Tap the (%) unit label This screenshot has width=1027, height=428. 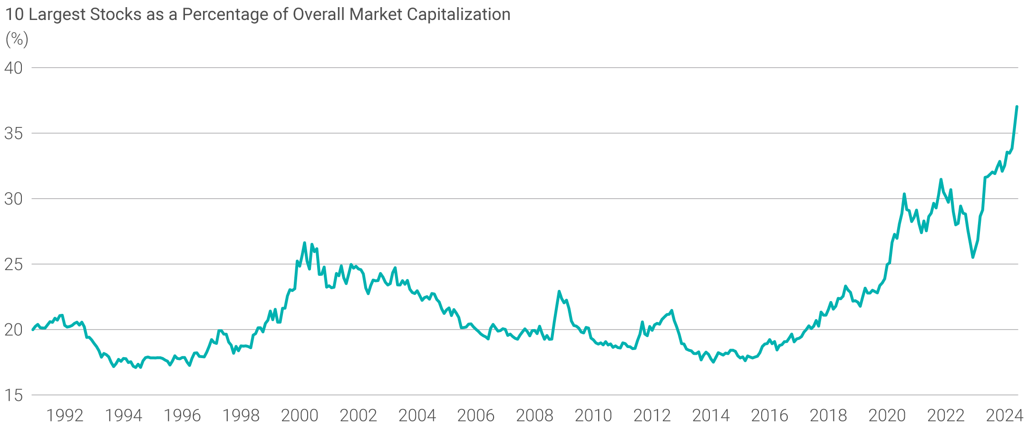(x=17, y=39)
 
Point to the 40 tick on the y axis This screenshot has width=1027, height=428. (x=13, y=68)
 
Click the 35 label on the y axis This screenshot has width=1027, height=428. (x=13, y=134)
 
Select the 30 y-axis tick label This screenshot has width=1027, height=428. (x=13, y=199)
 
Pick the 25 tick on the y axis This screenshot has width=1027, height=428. (x=13, y=264)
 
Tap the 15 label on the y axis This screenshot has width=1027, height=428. (x=13, y=395)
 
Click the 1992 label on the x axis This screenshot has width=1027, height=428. (x=65, y=416)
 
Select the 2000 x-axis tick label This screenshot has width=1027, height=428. (x=300, y=416)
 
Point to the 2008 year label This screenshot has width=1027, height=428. (x=534, y=416)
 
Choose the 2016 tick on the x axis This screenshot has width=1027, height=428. (x=769, y=416)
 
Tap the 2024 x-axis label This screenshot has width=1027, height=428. (x=1004, y=416)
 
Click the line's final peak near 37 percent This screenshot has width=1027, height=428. (x=1017, y=107)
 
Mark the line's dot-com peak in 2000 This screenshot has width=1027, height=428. (x=304, y=243)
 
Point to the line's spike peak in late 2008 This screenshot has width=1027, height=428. (x=559, y=291)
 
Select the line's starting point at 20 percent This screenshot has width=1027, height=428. (x=32, y=330)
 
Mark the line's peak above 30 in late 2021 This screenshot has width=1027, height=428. (x=941, y=179)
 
